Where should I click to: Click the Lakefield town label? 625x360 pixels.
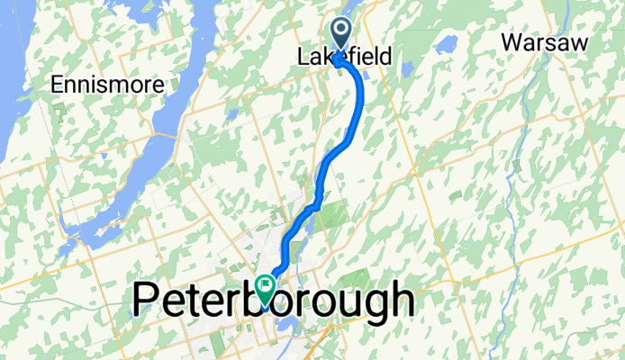click(x=345, y=57)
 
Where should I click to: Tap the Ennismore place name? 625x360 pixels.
click(x=108, y=85)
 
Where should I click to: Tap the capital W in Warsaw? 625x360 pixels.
click(x=512, y=42)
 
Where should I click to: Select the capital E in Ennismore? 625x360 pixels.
click(x=58, y=85)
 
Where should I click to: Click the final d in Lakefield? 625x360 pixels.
click(x=385, y=57)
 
